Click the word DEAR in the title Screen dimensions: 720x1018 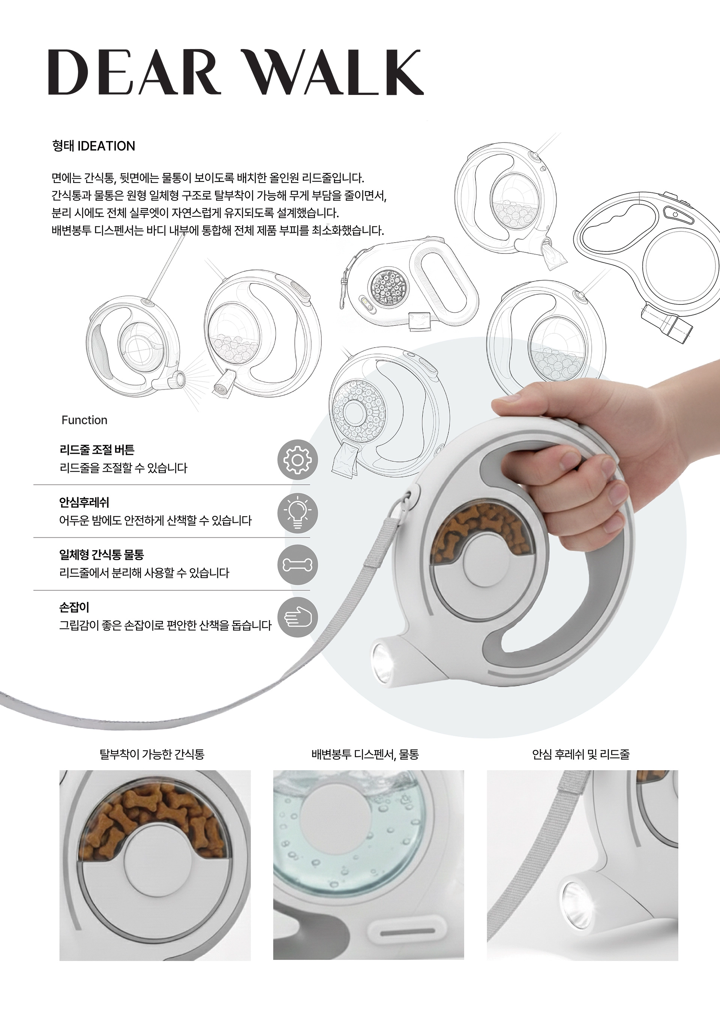134,72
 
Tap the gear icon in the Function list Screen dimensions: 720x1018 297,460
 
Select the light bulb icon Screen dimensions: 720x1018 297,513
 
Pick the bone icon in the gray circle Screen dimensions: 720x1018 297,565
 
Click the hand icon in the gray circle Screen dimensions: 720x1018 297,618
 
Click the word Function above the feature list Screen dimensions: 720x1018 84,420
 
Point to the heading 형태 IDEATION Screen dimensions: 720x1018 93,146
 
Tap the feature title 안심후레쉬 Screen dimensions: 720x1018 84,502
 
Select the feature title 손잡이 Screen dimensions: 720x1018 74,607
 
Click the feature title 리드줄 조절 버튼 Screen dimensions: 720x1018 97,450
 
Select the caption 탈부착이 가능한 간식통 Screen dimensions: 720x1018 152,754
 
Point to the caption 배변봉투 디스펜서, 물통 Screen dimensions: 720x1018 365,754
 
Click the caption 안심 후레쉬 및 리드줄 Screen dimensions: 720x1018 581,754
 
